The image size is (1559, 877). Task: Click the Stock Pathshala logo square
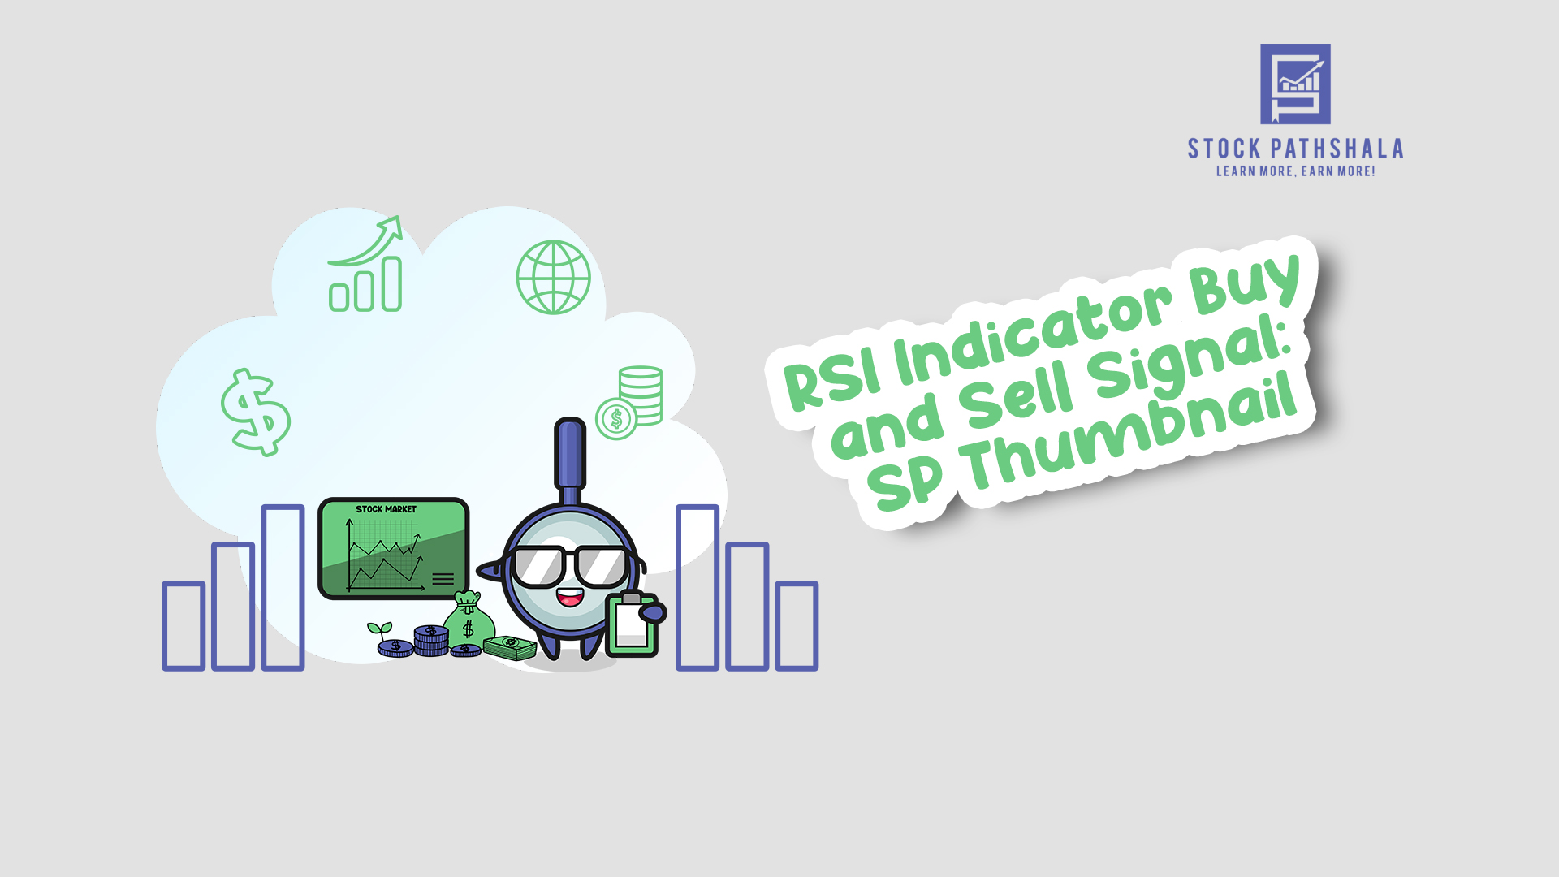pos(1295,84)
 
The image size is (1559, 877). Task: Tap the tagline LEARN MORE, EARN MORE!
pos(1295,171)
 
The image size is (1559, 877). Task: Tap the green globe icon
pos(554,277)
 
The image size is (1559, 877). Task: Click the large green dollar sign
pos(256,412)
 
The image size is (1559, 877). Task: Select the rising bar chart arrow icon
pos(365,263)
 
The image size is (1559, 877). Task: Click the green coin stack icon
pos(629,403)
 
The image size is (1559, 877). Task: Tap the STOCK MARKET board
pos(394,549)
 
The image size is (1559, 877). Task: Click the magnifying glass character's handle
pos(570,460)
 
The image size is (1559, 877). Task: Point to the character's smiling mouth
pos(569,598)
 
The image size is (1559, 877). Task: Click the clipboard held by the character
pos(633,624)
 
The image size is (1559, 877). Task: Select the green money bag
pos(469,620)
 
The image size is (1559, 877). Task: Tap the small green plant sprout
pos(379,631)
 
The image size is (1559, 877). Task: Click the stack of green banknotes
pos(510,647)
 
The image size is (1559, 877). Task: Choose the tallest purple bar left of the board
pos(283,588)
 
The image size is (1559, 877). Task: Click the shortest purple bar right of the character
pos(797,625)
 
